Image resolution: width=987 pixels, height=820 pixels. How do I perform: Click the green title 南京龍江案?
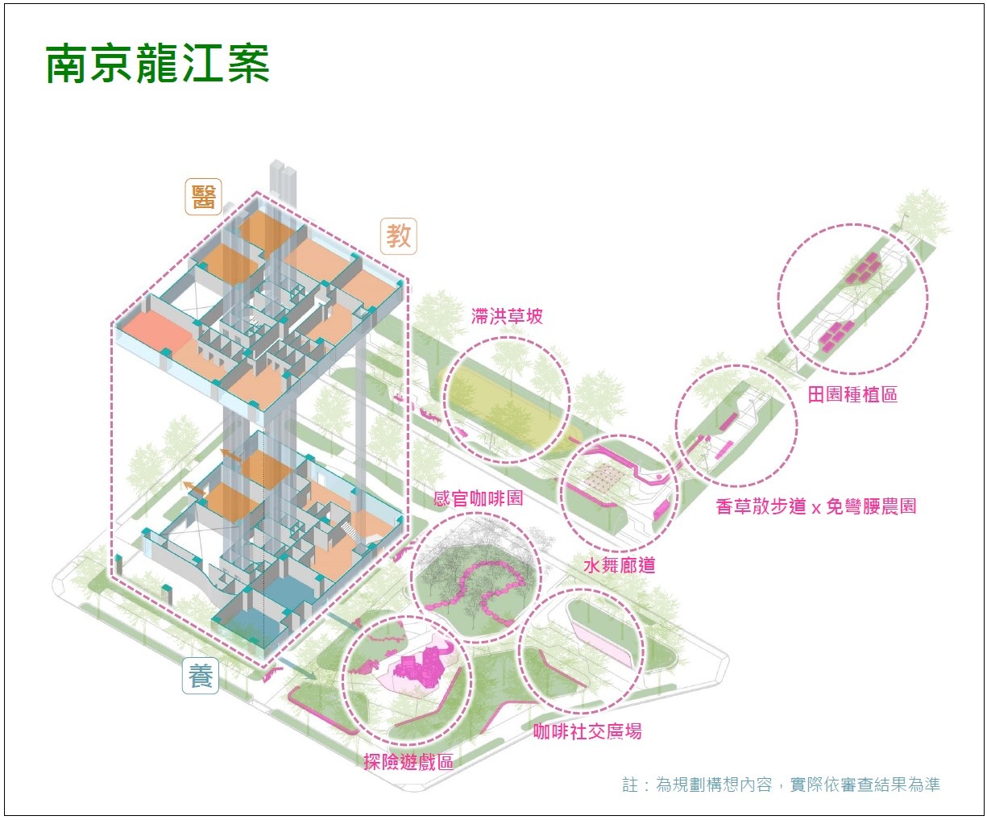pyautogui.click(x=157, y=65)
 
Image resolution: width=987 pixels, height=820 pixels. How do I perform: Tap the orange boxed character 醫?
pyautogui.click(x=203, y=197)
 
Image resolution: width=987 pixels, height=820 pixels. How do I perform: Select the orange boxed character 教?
pyautogui.click(x=398, y=235)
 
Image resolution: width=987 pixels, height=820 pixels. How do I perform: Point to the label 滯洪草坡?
pyautogui.click(x=507, y=316)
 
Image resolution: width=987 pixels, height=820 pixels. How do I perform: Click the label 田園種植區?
pyautogui.click(x=852, y=394)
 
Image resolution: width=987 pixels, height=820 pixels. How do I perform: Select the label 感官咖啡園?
pyautogui.click(x=478, y=498)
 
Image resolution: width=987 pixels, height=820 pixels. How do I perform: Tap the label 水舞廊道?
pyautogui.click(x=619, y=564)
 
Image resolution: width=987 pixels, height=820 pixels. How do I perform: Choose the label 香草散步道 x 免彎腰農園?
pyautogui.click(x=815, y=506)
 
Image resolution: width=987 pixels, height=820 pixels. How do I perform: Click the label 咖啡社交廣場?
pyautogui.click(x=587, y=732)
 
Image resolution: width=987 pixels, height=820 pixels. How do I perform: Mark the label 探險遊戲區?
pyautogui.click(x=408, y=761)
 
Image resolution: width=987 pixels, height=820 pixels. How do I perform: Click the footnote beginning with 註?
pyautogui.click(x=781, y=785)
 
